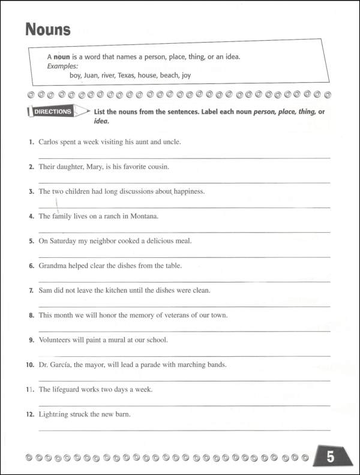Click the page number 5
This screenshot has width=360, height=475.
click(330, 458)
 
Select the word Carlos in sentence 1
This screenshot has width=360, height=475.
click(49, 142)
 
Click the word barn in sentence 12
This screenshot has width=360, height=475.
click(122, 414)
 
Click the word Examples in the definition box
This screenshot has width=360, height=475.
click(62, 65)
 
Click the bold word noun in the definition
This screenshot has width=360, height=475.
click(63, 56)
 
